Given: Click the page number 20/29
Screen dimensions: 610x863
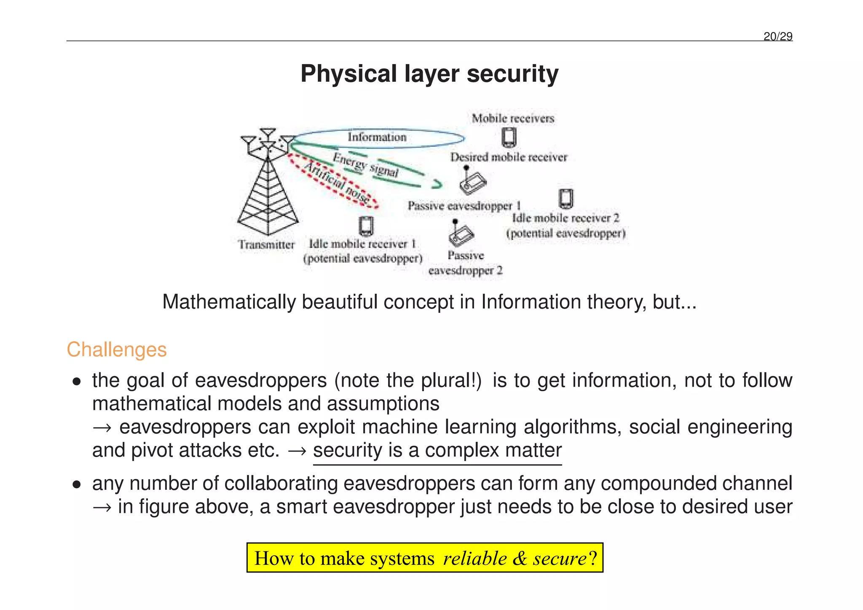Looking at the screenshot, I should tap(777, 37).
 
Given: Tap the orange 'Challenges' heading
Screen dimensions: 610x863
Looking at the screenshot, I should tap(117, 349).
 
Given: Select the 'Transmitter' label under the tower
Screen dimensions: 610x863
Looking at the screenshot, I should tap(266, 245).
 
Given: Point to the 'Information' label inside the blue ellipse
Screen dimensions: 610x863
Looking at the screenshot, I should tap(377, 137).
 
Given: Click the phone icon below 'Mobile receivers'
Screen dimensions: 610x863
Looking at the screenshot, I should tap(509, 137).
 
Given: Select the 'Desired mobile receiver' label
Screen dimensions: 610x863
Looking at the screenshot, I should tap(509, 157).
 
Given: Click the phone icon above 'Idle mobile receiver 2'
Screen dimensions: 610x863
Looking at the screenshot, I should tap(566, 199).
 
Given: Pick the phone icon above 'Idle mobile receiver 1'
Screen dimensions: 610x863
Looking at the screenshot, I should tap(366, 226).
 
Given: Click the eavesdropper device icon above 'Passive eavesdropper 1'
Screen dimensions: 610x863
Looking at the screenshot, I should tap(472, 181).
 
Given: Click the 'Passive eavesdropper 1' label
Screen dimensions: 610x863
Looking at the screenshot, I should tap(464, 206).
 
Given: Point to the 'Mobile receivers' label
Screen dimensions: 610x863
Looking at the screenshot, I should tap(513, 118).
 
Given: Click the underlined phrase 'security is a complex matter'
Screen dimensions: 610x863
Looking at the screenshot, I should tap(437, 450).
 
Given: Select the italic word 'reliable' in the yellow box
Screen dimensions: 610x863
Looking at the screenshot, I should tap(475, 558).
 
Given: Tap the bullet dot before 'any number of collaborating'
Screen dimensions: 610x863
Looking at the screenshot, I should tap(76, 485).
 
